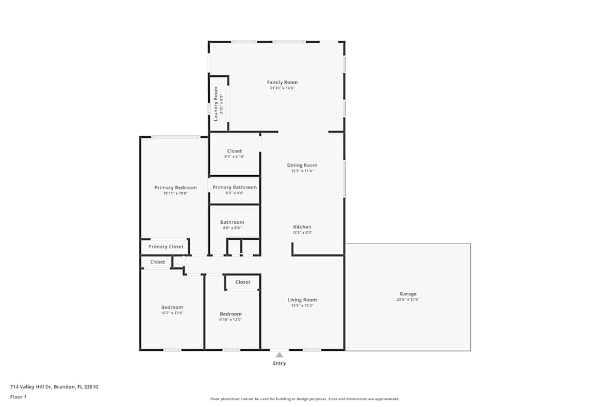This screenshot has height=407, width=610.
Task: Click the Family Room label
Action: click(x=282, y=82)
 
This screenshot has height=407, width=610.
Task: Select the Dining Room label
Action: click(x=302, y=165)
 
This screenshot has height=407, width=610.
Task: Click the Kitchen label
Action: click(x=302, y=227)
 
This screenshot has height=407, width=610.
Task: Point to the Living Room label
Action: click(x=302, y=300)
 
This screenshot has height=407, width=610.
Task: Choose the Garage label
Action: click(x=408, y=294)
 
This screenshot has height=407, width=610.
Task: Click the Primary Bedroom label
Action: click(x=175, y=188)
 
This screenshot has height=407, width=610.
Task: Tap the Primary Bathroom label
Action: click(x=234, y=187)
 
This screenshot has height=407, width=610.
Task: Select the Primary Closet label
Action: click(x=166, y=247)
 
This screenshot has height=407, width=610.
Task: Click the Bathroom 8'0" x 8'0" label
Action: click(x=232, y=223)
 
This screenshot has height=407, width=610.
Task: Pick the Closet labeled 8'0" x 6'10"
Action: click(x=234, y=151)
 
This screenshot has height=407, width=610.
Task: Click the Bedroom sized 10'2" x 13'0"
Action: click(x=172, y=308)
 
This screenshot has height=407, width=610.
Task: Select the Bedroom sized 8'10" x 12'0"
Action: click(x=231, y=314)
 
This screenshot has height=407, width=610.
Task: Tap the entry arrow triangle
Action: click(x=279, y=354)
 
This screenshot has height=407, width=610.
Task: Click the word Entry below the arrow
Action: click(x=279, y=364)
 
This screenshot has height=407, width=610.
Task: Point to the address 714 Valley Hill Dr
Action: click(x=54, y=387)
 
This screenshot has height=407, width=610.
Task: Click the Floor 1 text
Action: click(x=18, y=397)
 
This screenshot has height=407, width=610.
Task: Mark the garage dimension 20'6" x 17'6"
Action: click(x=408, y=300)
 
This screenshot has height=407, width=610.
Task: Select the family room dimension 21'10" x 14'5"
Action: click(x=282, y=88)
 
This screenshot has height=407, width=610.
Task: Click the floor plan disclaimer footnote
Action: click(x=305, y=399)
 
